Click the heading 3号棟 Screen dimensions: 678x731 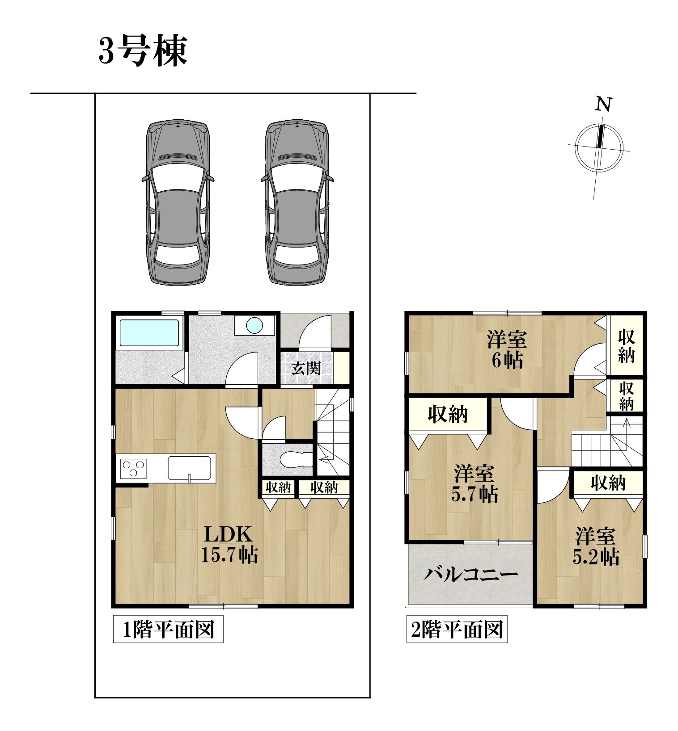tap(142, 51)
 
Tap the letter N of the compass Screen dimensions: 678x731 tap(603, 105)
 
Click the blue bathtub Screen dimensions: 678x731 tap(149, 333)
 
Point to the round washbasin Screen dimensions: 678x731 tap(254, 325)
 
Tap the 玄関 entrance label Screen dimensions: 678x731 tap(306, 368)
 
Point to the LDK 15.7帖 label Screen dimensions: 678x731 tap(229, 544)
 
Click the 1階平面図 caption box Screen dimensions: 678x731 tap(168, 630)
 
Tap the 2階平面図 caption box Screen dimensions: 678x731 tap(457, 630)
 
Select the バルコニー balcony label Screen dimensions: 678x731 tap(470, 574)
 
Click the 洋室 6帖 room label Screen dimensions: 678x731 tap(507, 349)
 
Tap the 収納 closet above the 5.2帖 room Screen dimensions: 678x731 tap(608, 483)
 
